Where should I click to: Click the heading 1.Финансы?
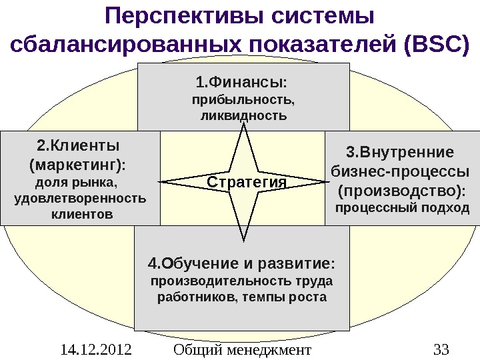[x=243, y=83]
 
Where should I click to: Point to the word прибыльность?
[x=243, y=101]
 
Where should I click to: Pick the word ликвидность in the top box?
[x=243, y=116]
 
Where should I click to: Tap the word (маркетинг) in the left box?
[x=78, y=164]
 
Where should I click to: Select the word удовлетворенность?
[x=79, y=199]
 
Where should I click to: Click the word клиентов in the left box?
[x=82, y=215]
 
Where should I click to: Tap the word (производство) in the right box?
[x=401, y=191]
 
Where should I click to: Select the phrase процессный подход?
[x=401, y=209]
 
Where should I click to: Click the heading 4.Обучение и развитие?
[x=241, y=261]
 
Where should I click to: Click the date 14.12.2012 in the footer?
[x=93, y=349]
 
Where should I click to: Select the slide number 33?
[x=441, y=349]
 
